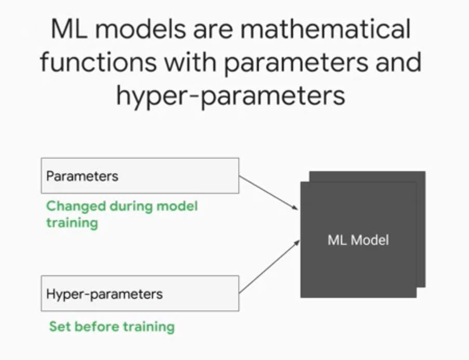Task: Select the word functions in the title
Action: pos(98,63)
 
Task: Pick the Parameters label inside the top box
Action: pos(82,176)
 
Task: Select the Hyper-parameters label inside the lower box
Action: pos(104,294)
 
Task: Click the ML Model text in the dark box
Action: pos(358,240)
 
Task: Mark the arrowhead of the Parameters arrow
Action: pos(296,208)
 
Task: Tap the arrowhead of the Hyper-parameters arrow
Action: pos(298,242)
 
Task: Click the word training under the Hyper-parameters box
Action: pos(149,327)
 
